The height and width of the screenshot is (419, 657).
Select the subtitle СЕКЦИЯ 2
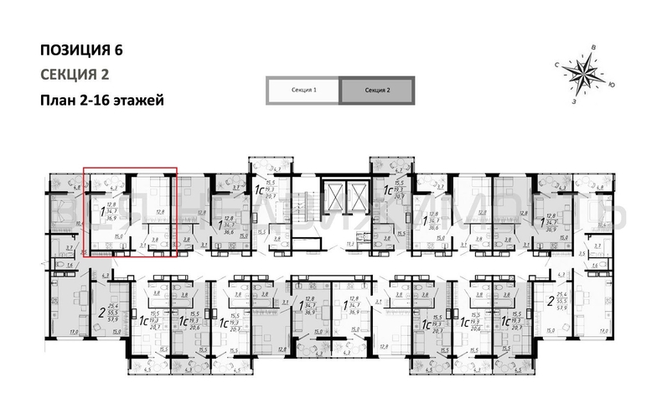tap(75, 74)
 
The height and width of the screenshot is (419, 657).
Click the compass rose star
tap(582, 73)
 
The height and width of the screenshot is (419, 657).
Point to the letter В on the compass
tap(593, 48)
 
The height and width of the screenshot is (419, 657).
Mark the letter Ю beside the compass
tap(613, 85)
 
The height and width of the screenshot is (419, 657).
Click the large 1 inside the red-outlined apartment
tap(102, 214)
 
